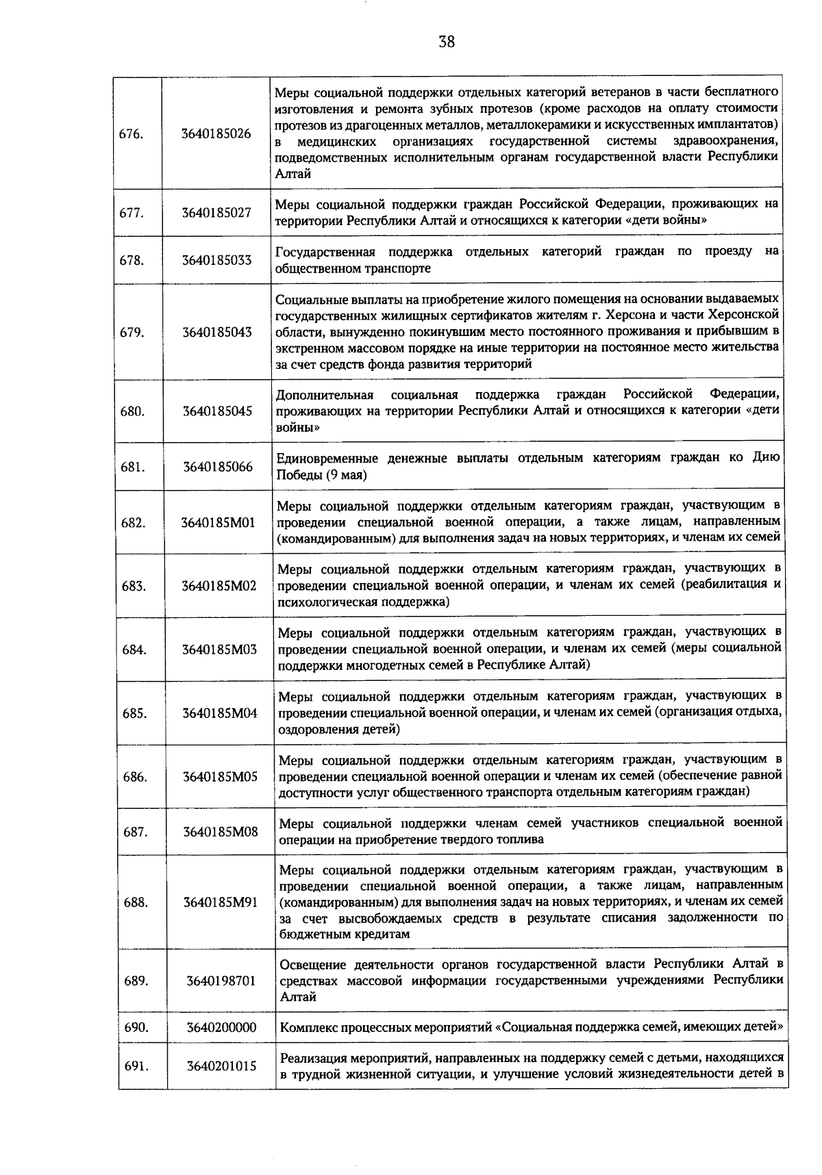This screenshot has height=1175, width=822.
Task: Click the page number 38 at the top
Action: click(446, 42)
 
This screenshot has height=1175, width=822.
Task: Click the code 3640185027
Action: click(216, 213)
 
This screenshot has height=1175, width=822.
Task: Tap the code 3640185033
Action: click(216, 261)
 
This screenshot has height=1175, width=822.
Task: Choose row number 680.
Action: click(132, 411)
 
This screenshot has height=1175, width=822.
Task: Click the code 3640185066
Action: click(217, 467)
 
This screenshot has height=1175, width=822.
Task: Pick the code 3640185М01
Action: click(218, 523)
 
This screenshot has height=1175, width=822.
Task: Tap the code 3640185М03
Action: click(219, 649)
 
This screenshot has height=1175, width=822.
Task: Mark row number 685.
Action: click(134, 714)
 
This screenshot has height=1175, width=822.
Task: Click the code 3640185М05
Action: click(220, 777)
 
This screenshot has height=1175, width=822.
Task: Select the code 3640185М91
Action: click(220, 903)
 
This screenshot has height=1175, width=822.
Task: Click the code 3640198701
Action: click(221, 981)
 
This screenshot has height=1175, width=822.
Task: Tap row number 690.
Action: click(136, 1027)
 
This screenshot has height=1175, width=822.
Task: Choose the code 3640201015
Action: click(221, 1066)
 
